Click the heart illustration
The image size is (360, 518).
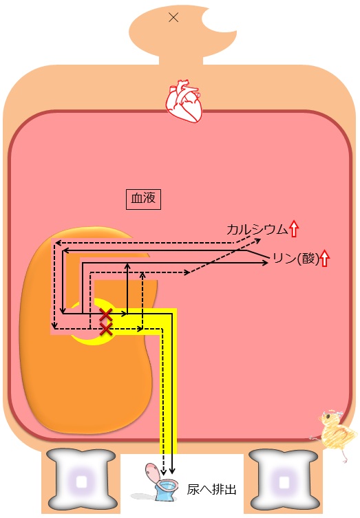coord(184,100)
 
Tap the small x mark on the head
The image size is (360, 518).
coord(173,17)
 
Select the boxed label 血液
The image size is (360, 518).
coord(143,199)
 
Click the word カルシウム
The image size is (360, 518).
coord(257,229)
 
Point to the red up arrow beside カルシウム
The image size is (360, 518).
coord(294,229)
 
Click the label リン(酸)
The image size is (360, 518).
coord(296,259)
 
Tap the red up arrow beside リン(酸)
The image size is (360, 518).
coord(325,259)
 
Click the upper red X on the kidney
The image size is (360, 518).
coord(106,314)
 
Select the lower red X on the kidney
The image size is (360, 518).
coord(106,329)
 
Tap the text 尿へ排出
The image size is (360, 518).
coord(212,489)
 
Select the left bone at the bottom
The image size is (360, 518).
coord(82,482)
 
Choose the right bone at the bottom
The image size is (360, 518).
coord(284,482)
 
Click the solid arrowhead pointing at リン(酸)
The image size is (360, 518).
coord(265,263)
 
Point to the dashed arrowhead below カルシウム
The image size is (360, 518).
coord(257,240)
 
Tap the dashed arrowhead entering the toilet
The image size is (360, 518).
coord(163,472)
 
